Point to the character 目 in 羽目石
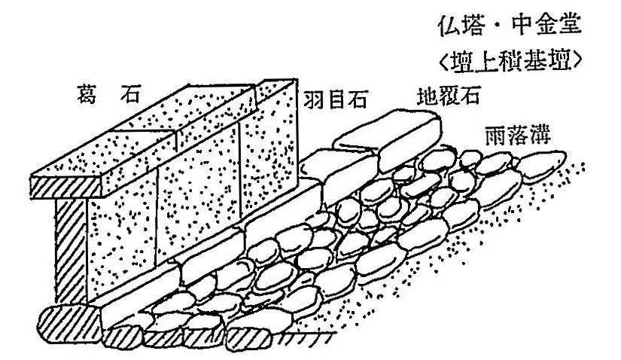coord(336,99)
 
